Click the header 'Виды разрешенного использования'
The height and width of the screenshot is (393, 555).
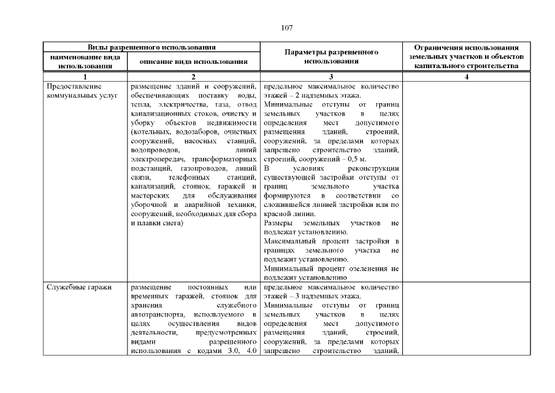[x=151, y=47]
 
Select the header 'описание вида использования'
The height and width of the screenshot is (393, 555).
[x=193, y=61]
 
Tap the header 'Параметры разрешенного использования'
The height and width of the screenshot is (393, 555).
[x=332, y=56]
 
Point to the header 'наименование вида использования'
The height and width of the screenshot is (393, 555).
[x=85, y=61]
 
